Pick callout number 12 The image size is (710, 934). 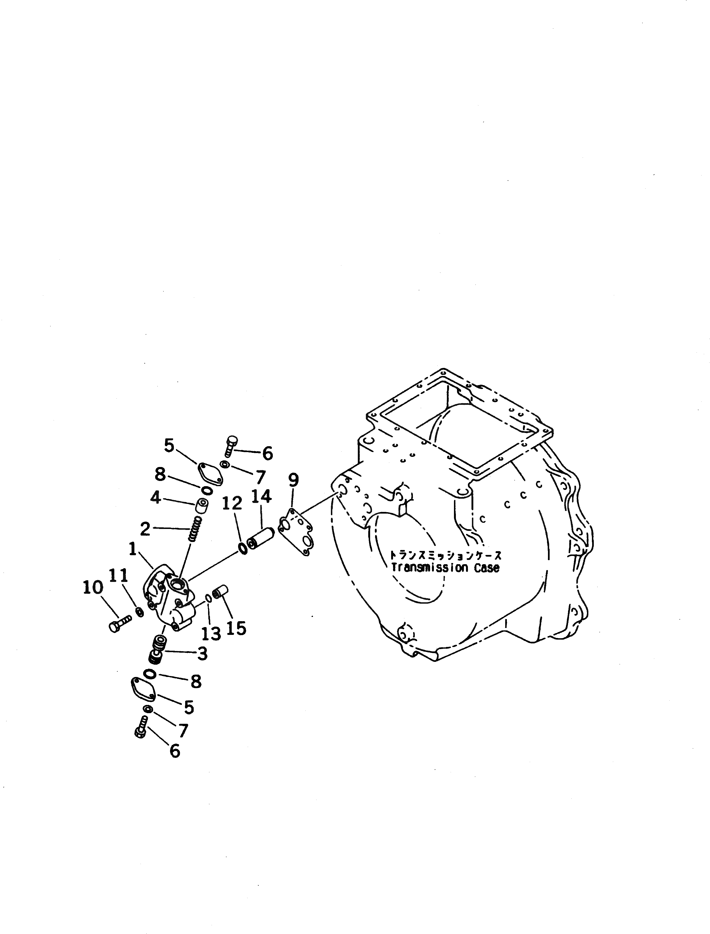tap(232, 503)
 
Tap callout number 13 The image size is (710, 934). tap(211, 633)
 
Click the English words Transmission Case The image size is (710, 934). tap(445, 568)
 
